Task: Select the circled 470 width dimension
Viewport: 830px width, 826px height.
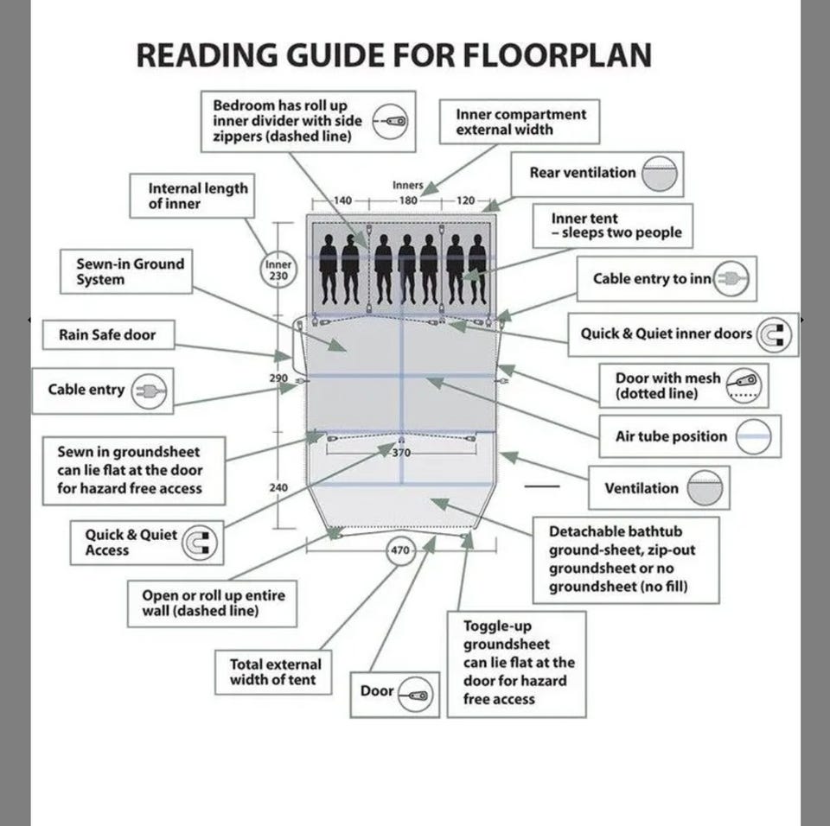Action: click(x=400, y=550)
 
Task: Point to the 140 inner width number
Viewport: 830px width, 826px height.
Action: click(x=342, y=200)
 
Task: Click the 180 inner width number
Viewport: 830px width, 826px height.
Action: click(x=408, y=200)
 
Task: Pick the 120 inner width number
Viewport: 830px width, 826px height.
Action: click(x=465, y=200)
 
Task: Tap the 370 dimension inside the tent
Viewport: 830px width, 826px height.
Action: click(x=401, y=453)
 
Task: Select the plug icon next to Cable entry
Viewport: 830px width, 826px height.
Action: click(x=150, y=391)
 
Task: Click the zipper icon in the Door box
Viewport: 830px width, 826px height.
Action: click(x=416, y=692)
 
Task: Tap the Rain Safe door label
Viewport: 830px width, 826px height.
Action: click(x=106, y=335)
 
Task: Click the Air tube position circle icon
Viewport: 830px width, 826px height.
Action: click(x=753, y=436)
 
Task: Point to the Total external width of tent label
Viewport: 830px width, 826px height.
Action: click(x=275, y=672)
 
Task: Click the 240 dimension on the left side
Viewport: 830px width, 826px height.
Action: click(x=278, y=487)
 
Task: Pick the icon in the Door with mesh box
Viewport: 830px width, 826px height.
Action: click(x=744, y=385)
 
